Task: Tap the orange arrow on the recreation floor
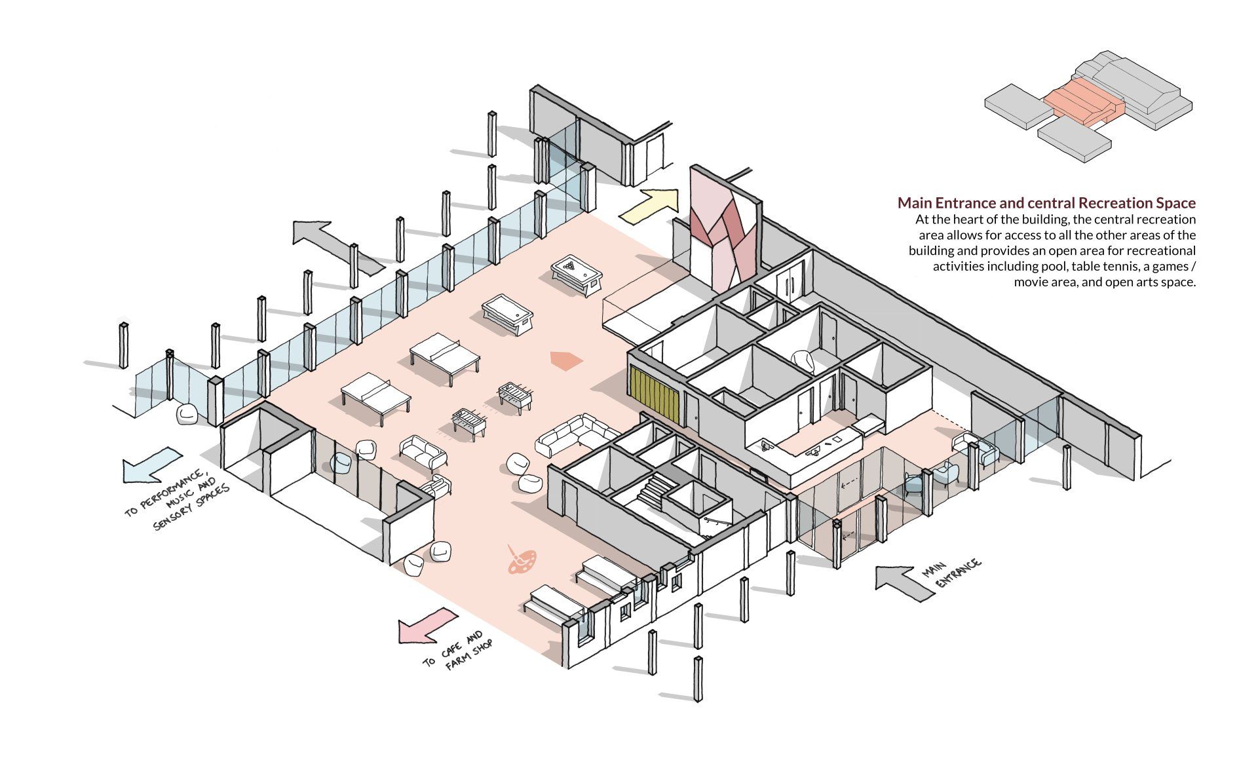(565, 360)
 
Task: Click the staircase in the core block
(656, 490)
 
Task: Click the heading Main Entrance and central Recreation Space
(1046, 202)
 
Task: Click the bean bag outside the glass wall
(187, 414)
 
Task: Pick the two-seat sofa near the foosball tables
(423, 452)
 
